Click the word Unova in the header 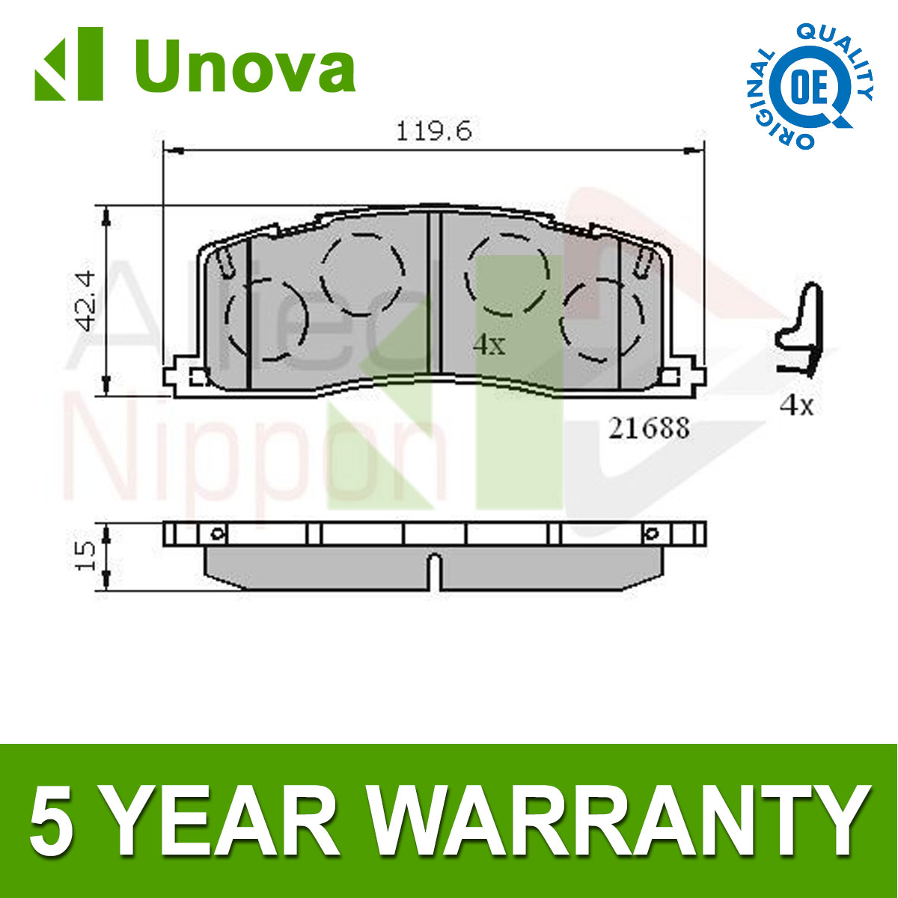(x=245, y=67)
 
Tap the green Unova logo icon (x=69, y=64)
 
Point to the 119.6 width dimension (x=434, y=132)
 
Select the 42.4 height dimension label (x=86, y=302)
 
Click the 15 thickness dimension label (x=86, y=556)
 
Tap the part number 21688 (x=648, y=428)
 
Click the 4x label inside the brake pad (x=489, y=345)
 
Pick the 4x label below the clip (x=796, y=406)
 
